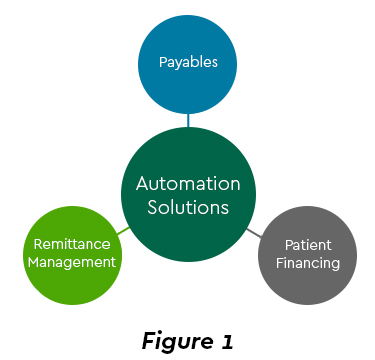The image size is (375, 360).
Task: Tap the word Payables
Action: pyautogui.click(x=188, y=62)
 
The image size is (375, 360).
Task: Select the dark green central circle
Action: pyautogui.click(x=188, y=195)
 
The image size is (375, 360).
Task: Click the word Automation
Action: pyautogui.click(x=188, y=184)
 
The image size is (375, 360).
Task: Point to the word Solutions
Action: pyautogui.click(x=188, y=208)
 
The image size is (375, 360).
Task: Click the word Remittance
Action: pyautogui.click(x=71, y=243)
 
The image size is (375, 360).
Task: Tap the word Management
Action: pyautogui.click(x=71, y=262)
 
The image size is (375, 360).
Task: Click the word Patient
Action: pyautogui.click(x=307, y=243)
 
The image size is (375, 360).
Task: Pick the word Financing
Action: pyautogui.click(x=307, y=263)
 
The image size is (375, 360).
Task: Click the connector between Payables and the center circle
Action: pyautogui.click(x=188, y=120)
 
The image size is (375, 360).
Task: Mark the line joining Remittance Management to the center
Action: pyautogui.click(x=123, y=230)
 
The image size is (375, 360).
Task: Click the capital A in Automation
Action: pyautogui.click(x=142, y=184)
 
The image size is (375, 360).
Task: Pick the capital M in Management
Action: pyautogui.click(x=33, y=262)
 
